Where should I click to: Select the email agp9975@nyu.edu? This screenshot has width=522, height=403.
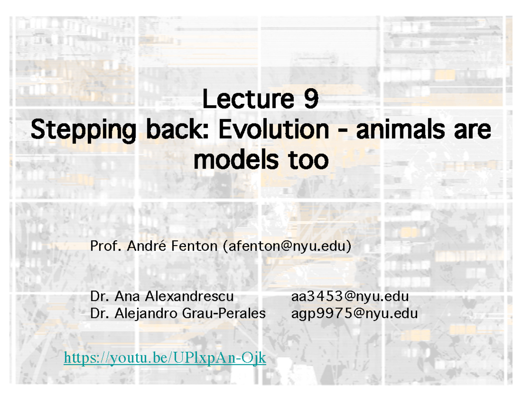click(355, 313)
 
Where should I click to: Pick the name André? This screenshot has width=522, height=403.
click(148, 246)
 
